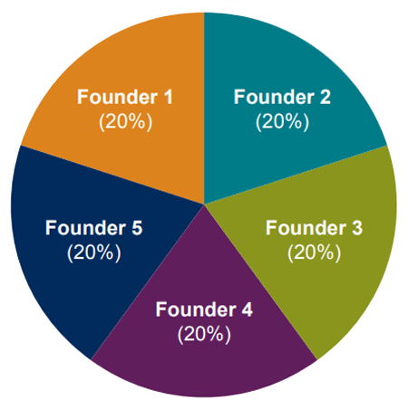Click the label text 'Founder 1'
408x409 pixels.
[125, 97]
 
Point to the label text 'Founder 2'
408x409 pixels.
[282, 97]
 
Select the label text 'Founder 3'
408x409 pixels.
[314, 228]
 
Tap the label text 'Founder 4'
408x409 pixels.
[204, 309]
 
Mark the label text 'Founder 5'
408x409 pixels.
[93, 228]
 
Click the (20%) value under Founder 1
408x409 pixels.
[126, 122]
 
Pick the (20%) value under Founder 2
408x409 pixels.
[282, 122]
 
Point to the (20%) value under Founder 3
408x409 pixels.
[314, 252]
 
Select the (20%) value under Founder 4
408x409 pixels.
[204, 335]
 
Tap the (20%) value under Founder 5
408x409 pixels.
[94, 252]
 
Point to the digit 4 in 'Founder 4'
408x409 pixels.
[247, 309]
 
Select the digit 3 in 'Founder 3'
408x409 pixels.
[356, 228]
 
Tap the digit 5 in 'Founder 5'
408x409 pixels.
[137, 228]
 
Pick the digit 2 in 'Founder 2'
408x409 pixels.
[325, 97]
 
